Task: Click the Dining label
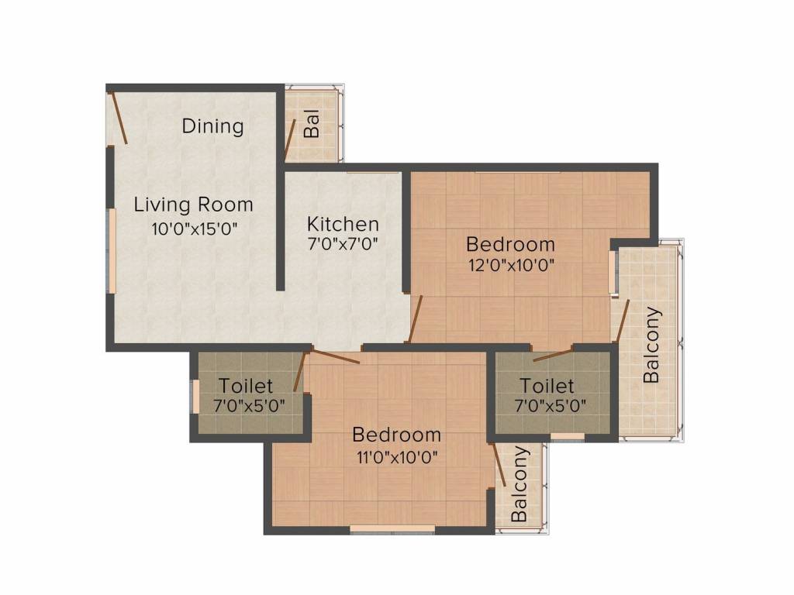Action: click(x=212, y=126)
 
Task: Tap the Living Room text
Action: click(x=193, y=205)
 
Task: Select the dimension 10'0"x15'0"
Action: click(x=195, y=229)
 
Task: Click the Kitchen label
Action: click(x=343, y=224)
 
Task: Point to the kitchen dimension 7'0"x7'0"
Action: click(x=343, y=244)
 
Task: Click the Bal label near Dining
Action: click(x=312, y=124)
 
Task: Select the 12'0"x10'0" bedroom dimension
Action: click(x=512, y=265)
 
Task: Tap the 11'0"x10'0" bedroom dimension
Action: click(x=396, y=458)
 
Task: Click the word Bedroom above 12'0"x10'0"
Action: click(x=510, y=244)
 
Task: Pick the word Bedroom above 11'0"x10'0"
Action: click(x=396, y=435)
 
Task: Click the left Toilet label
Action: click(x=246, y=386)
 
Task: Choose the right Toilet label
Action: click(x=547, y=386)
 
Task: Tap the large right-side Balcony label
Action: click(x=651, y=345)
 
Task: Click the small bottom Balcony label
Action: click(x=520, y=484)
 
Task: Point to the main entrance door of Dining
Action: click(x=119, y=117)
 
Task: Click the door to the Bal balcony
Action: click(x=290, y=139)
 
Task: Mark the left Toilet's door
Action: click(x=300, y=372)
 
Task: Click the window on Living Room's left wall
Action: click(x=112, y=251)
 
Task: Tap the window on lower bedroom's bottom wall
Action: click(x=392, y=529)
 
